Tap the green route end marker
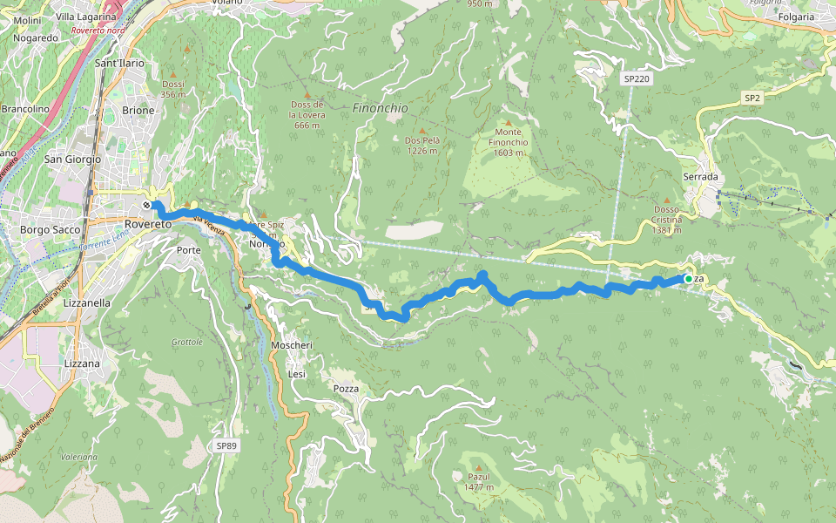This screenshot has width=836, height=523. (688, 279)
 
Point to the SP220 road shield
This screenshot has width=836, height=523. (637, 78)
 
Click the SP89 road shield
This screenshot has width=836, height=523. (226, 445)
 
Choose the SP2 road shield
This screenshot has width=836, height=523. (752, 98)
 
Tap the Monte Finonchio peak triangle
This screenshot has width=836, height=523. (508, 121)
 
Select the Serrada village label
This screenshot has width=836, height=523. (700, 176)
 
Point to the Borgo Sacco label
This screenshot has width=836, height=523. (50, 230)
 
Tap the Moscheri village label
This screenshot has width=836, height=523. (291, 346)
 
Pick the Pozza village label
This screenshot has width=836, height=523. (346, 388)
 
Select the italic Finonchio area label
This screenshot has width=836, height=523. (380, 108)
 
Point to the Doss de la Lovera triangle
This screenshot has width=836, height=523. (306, 94)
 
